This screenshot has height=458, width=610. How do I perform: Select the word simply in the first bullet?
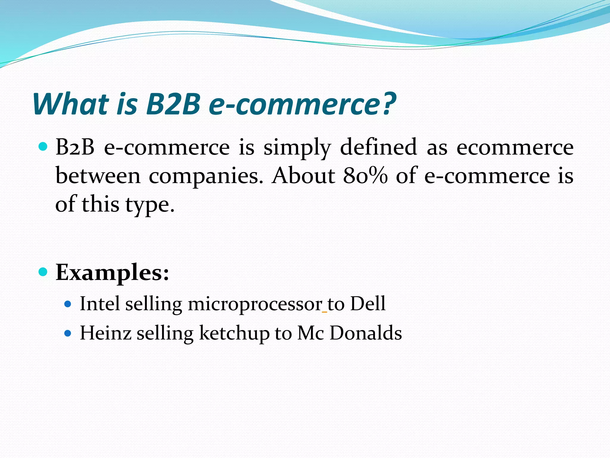(x=297, y=148)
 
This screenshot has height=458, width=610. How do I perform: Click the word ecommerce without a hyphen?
(x=515, y=147)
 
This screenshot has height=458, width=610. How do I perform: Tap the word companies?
(x=206, y=176)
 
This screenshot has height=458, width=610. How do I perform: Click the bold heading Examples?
(x=112, y=273)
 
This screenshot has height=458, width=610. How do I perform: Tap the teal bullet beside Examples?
(x=43, y=272)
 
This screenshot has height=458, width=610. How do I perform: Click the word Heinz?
(x=105, y=333)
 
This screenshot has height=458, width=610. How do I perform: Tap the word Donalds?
(x=365, y=333)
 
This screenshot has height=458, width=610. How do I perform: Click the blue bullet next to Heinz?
(x=68, y=333)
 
